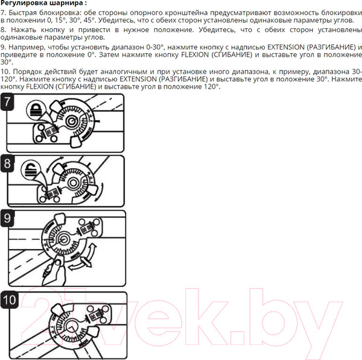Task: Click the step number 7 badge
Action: pyautogui.click(x=7, y=101)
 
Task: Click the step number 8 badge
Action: pyautogui.click(x=7, y=163)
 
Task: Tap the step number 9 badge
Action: pyautogui.click(x=7, y=218)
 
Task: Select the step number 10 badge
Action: pyautogui.click(x=10, y=300)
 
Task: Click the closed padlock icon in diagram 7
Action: pyautogui.click(x=35, y=110)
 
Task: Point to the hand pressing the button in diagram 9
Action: pyautogui.click(x=54, y=270)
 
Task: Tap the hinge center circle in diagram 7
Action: pyautogui.click(x=71, y=121)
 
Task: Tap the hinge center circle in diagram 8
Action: pyautogui.click(x=73, y=183)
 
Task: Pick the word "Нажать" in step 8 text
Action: pyautogui.click(x=24, y=30)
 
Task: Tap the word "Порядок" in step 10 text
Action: pyautogui.click(x=27, y=72)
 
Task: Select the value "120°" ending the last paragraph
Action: pyautogui.click(x=212, y=87)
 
